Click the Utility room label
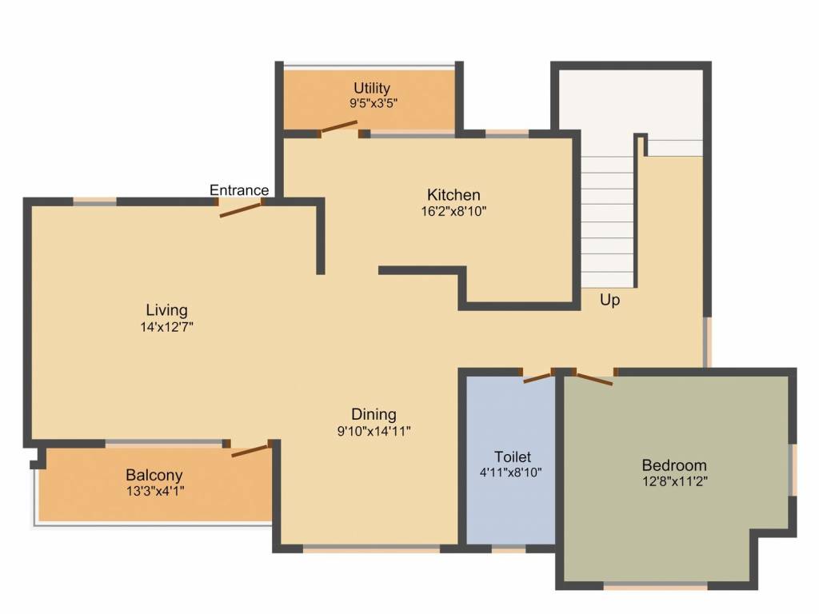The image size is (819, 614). (x=371, y=88)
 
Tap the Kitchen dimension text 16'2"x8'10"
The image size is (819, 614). (x=454, y=211)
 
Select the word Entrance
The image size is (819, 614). (x=239, y=190)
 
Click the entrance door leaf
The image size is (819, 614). (x=240, y=209)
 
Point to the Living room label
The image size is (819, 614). (x=166, y=310)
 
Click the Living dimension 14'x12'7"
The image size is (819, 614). (x=166, y=327)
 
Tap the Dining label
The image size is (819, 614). (x=374, y=415)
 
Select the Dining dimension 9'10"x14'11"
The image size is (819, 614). (x=374, y=431)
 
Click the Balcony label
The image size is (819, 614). (x=154, y=475)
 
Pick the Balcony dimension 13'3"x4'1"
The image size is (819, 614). (x=155, y=492)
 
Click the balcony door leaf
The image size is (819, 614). (x=250, y=450)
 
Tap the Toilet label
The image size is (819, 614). (x=513, y=457)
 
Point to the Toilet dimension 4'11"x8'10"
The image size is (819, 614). (x=511, y=473)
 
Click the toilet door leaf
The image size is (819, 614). (x=537, y=377)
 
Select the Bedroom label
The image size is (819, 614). (x=673, y=464)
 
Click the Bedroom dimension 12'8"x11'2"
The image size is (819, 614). (x=675, y=480)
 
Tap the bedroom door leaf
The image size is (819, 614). (x=594, y=380)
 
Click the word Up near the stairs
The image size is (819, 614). (x=609, y=301)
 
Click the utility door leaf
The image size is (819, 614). (x=339, y=127)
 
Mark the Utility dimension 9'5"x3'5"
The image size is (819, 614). (x=373, y=103)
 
